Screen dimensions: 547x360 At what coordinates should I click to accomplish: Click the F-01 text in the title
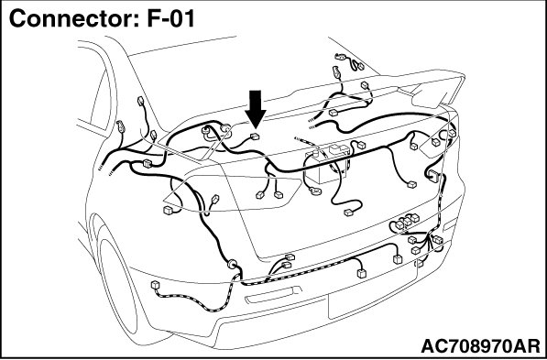click(170, 18)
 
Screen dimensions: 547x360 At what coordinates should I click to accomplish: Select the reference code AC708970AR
click(480, 346)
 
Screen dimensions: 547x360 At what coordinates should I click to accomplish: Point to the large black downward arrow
click(256, 110)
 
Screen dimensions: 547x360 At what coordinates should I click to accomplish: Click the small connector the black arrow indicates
click(255, 136)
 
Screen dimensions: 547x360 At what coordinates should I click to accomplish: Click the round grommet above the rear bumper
click(232, 264)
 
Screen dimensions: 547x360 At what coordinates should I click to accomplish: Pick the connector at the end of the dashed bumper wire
click(155, 285)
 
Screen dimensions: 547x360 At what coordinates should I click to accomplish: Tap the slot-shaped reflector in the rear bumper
click(274, 295)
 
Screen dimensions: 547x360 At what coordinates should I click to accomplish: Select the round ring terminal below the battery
click(316, 191)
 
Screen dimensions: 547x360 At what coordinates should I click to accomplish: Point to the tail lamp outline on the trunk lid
click(232, 193)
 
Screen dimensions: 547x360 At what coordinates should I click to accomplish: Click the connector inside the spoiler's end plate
click(435, 142)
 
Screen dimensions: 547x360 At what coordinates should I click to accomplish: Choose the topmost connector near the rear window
click(340, 56)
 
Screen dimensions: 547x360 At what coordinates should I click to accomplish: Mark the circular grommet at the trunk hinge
click(227, 129)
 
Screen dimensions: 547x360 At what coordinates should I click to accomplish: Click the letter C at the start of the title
click(16, 19)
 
